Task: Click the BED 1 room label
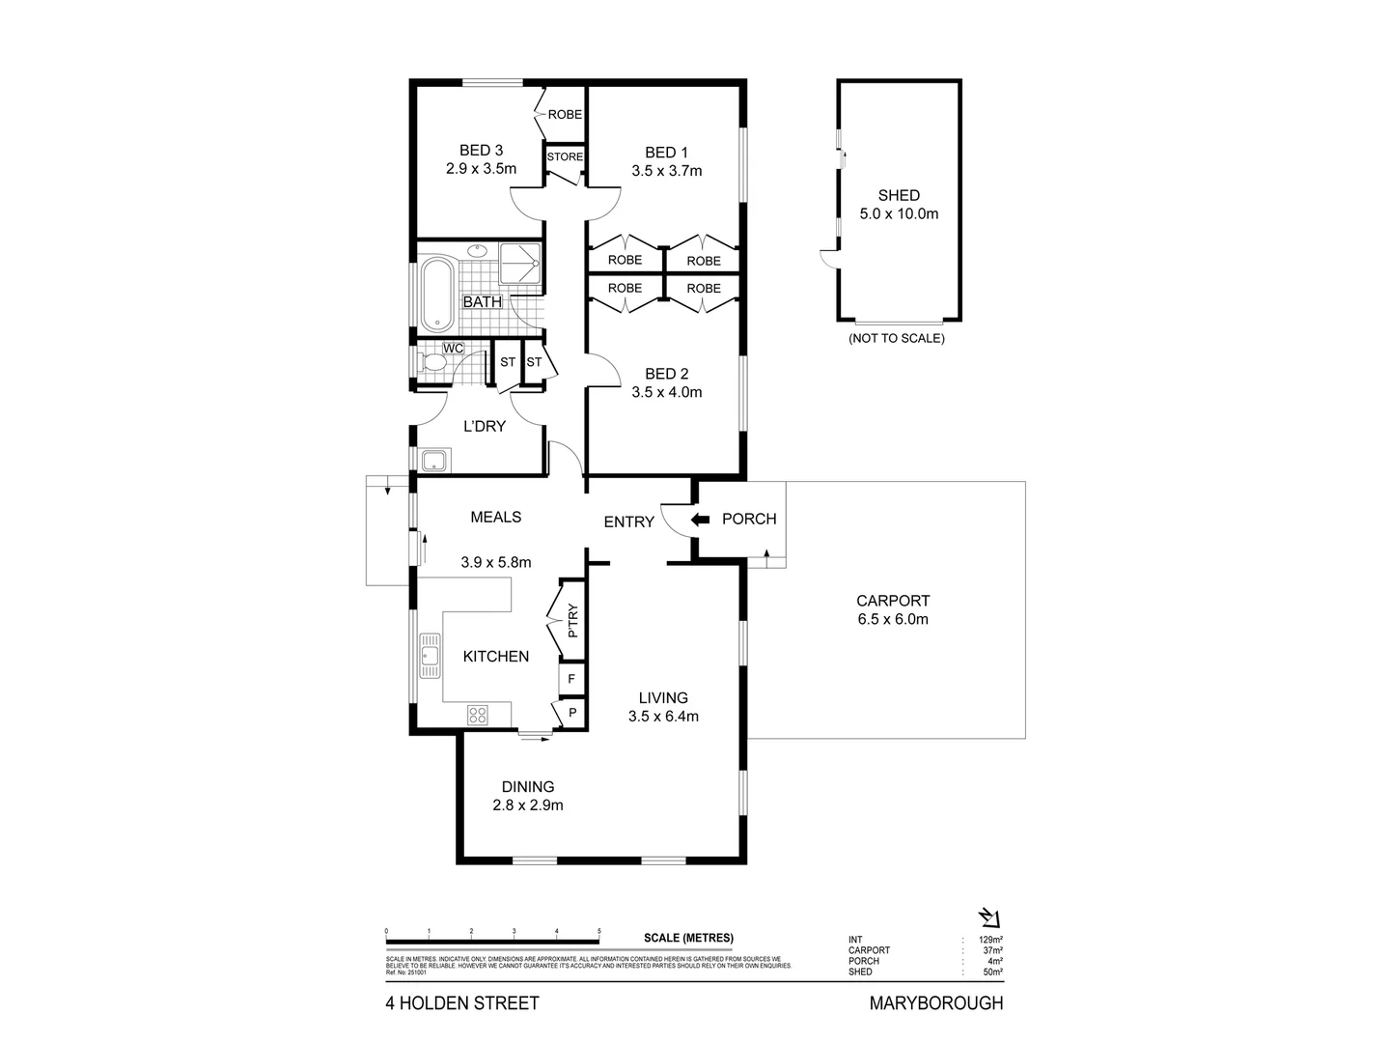666,152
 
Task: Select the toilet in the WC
431,364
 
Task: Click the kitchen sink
429,657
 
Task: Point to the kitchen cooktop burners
477,715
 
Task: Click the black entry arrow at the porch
701,520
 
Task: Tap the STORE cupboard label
565,156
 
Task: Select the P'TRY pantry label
572,621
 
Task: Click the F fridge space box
571,679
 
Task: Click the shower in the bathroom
520,264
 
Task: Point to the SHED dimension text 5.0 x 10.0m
899,213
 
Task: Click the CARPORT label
893,600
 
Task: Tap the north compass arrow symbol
990,916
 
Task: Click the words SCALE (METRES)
688,938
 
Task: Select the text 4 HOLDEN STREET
462,1003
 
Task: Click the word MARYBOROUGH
936,1003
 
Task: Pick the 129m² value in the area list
991,940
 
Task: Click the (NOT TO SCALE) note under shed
896,339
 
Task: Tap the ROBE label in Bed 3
565,114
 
